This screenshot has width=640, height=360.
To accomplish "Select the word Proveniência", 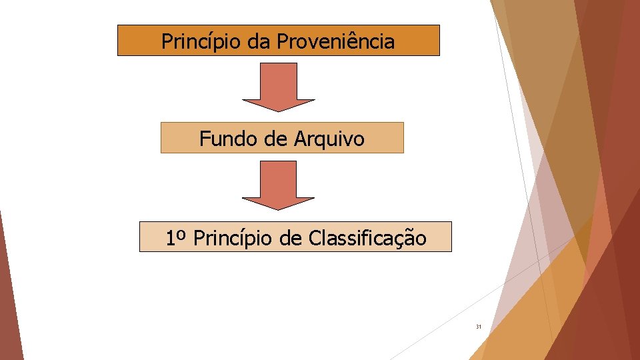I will [x=335, y=41].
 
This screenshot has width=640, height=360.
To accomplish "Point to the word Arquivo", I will [x=328, y=139].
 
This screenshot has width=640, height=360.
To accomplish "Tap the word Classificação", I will [x=367, y=238].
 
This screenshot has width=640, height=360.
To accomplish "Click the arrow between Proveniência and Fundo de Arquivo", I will [x=278, y=86].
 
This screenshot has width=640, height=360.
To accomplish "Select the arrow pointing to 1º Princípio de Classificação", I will [x=278, y=185].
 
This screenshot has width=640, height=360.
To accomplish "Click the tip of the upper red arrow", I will [x=278, y=110].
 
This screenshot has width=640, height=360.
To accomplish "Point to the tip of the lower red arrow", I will [x=278, y=209].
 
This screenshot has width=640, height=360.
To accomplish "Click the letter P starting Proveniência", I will [x=283, y=41].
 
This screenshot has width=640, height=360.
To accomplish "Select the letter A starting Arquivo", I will [x=299, y=139].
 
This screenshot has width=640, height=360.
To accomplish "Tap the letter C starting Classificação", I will [x=315, y=238].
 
